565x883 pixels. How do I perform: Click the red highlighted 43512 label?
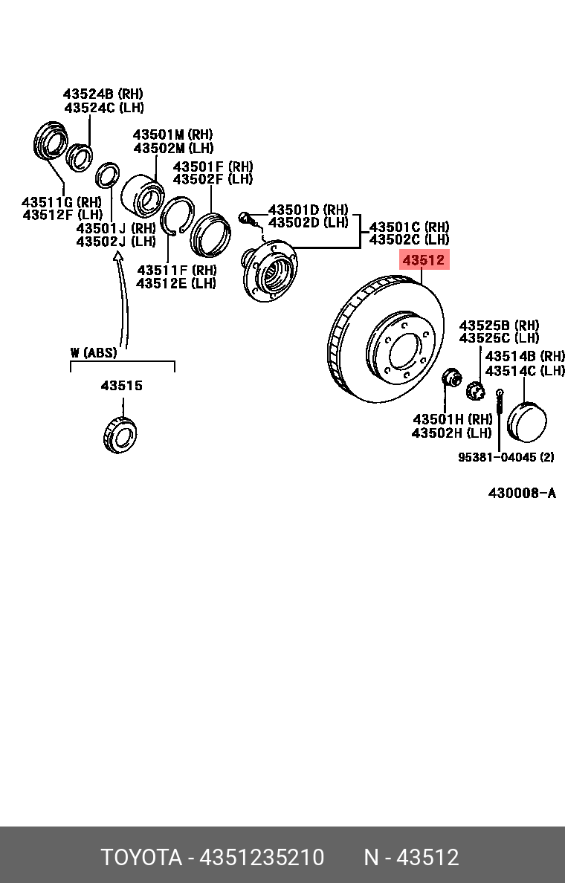[424, 260]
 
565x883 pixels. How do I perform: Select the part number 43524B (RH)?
[103, 94]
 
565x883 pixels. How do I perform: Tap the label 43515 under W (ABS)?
[121, 386]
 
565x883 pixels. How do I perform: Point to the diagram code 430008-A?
[521, 493]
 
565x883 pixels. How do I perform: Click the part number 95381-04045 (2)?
[506, 457]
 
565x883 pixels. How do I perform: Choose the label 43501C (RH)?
[409, 227]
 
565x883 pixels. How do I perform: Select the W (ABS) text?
[94, 352]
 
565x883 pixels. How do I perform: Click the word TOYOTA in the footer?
[141, 858]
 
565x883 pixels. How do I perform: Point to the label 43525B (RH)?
[499, 326]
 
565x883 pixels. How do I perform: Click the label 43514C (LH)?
[525, 370]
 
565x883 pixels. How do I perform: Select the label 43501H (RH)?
[453, 419]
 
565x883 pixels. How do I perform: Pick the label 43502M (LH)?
[172, 149]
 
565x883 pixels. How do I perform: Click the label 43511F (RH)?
[176, 270]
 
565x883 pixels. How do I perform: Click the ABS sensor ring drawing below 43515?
[119, 435]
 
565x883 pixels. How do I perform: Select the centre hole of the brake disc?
[404, 349]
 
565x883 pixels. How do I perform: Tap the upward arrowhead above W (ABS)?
[117, 257]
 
